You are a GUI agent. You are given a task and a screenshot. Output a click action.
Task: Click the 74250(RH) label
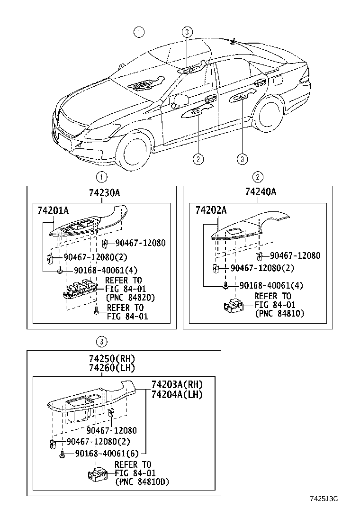click(108, 359)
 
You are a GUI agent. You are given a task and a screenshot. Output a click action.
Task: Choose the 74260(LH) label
click(108, 368)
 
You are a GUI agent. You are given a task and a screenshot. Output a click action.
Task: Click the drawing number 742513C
click(325, 498)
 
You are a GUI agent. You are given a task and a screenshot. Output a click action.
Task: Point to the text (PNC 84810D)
click(142, 482)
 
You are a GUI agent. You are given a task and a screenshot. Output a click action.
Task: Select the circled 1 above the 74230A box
click(100, 177)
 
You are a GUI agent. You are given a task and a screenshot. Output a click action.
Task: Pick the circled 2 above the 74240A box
click(258, 177)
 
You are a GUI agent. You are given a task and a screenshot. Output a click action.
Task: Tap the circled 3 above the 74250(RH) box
click(100, 340)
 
